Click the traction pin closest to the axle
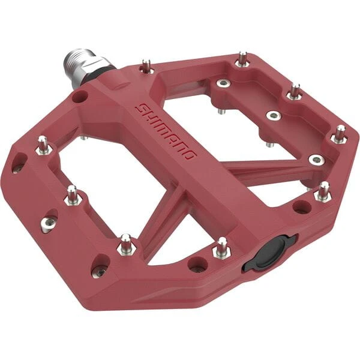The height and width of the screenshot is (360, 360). pos(146,65)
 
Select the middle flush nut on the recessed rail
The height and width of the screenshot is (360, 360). pos(273,115)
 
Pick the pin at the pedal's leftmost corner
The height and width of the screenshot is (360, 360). pos(44,146)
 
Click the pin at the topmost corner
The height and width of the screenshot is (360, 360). pos(242,59)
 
